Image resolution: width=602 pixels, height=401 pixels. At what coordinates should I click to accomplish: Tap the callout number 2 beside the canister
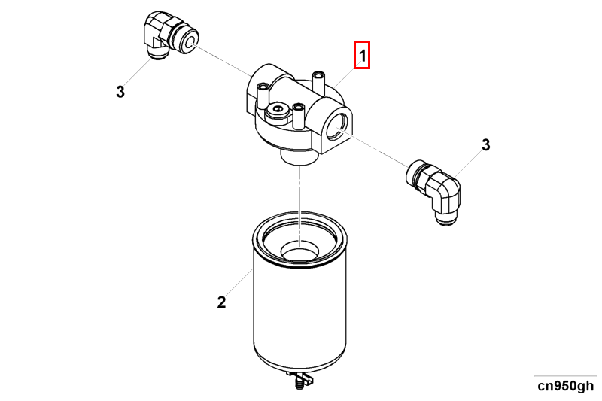pos(221,302)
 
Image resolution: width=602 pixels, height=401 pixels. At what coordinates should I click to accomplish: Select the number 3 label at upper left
pos(120,93)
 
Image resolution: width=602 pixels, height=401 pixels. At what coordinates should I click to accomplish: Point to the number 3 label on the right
pos(485,144)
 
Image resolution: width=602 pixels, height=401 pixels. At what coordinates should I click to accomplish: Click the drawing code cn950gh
pos(564,385)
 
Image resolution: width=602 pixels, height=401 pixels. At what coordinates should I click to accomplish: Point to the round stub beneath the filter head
pos(299,156)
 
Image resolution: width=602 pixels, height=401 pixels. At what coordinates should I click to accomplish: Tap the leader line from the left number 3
pos(135,76)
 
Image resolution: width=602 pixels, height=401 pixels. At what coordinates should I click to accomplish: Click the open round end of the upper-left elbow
pos(187,38)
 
